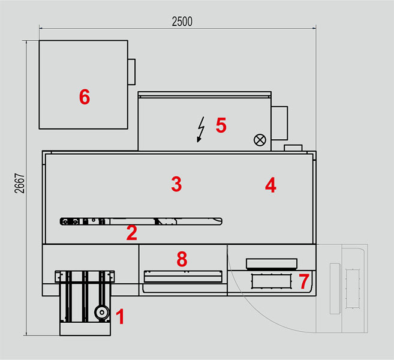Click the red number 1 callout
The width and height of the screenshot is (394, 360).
click(121, 316)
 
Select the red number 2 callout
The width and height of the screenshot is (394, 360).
click(132, 233)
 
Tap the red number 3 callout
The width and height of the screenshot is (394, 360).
click(176, 184)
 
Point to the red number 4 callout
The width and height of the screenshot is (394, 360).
click(270, 185)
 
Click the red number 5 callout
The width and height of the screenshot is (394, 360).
click(221, 125)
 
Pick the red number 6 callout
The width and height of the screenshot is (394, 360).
click(85, 97)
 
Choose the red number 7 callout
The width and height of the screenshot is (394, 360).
click(304, 281)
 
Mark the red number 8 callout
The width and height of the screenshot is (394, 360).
click(182, 259)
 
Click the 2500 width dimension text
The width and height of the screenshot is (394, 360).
click(182, 22)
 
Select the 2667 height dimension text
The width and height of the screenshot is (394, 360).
click(19, 183)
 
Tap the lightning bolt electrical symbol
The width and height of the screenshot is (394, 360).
click(201, 130)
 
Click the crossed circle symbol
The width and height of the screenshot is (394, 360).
click(260, 140)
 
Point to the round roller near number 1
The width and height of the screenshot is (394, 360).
click(102, 313)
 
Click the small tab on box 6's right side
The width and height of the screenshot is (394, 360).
click(131, 72)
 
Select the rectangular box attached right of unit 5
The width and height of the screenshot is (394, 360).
click(279, 123)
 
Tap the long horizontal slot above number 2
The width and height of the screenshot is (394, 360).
click(141, 221)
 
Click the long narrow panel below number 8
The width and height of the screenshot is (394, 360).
click(183, 277)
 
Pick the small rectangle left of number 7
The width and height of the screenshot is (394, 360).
click(272, 281)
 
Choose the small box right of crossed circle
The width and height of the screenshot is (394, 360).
click(293, 148)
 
